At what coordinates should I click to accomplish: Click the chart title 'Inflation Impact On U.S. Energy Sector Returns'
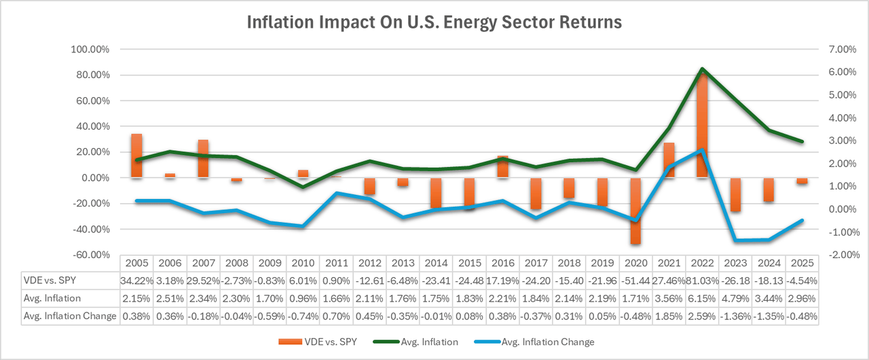click(434, 22)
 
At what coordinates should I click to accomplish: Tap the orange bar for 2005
click(136, 156)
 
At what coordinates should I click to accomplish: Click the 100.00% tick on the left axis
click(93, 50)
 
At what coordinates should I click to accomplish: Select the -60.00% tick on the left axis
click(93, 255)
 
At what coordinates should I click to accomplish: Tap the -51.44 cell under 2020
click(635, 281)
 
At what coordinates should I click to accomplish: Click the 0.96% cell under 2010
click(303, 298)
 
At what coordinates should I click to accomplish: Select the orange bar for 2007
click(203, 159)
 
